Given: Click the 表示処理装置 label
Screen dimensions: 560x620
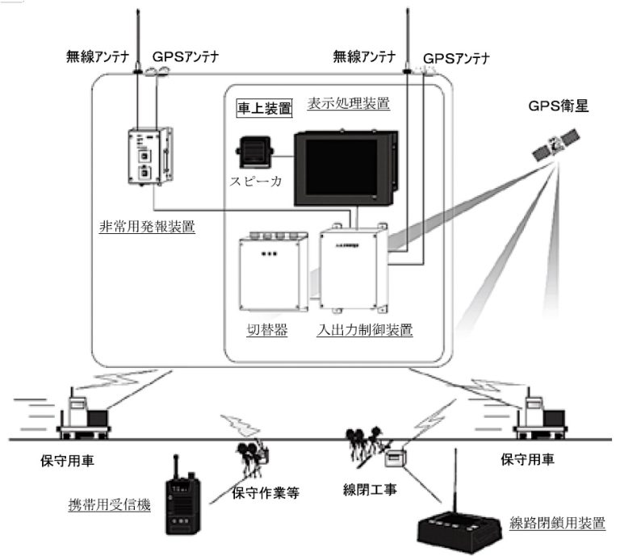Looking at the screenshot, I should [x=349, y=103].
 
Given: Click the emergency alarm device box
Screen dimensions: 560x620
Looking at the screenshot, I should [x=150, y=157].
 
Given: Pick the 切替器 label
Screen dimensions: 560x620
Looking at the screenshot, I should [x=262, y=330].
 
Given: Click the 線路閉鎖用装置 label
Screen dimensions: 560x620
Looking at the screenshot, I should [x=558, y=523].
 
